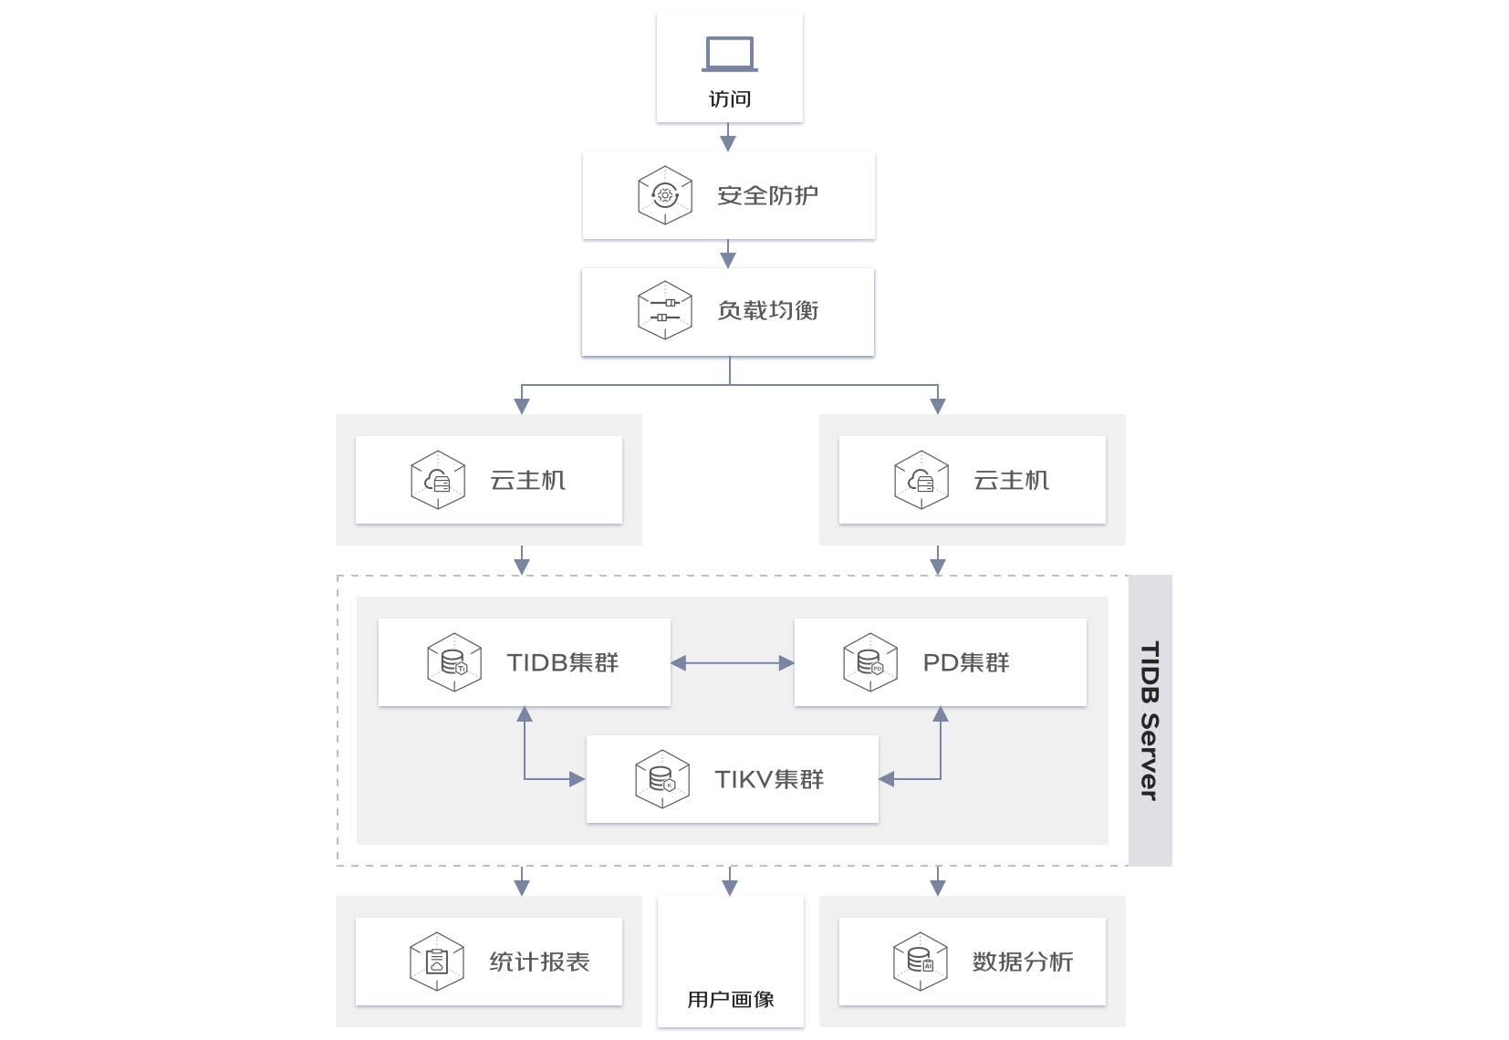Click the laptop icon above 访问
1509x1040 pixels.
click(x=730, y=54)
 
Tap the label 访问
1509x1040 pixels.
click(x=730, y=99)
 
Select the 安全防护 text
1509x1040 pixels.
click(x=767, y=195)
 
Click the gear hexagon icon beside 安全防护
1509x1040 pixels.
click(x=665, y=195)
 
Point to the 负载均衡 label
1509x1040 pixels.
click(x=767, y=310)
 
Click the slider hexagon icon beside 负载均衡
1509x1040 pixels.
click(x=665, y=310)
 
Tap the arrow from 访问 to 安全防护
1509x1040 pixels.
click(x=728, y=137)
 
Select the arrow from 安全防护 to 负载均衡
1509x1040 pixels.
click(x=728, y=254)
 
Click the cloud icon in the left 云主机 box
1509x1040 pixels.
click(x=438, y=480)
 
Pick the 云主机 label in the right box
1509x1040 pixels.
click(x=1011, y=480)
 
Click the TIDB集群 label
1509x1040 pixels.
click(x=563, y=663)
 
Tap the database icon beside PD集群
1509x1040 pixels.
click(x=870, y=663)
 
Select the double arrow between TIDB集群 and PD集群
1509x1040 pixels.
click(x=733, y=663)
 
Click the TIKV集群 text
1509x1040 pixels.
click(x=769, y=779)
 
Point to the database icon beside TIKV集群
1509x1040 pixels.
click(x=662, y=779)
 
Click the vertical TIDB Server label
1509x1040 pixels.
click(x=1150, y=721)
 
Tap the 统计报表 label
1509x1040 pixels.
click(x=539, y=962)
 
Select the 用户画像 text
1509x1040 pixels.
click(x=730, y=1000)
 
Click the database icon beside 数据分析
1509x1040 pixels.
click(x=921, y=962)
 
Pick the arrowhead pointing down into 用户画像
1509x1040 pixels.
click(x=730, y=889)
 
